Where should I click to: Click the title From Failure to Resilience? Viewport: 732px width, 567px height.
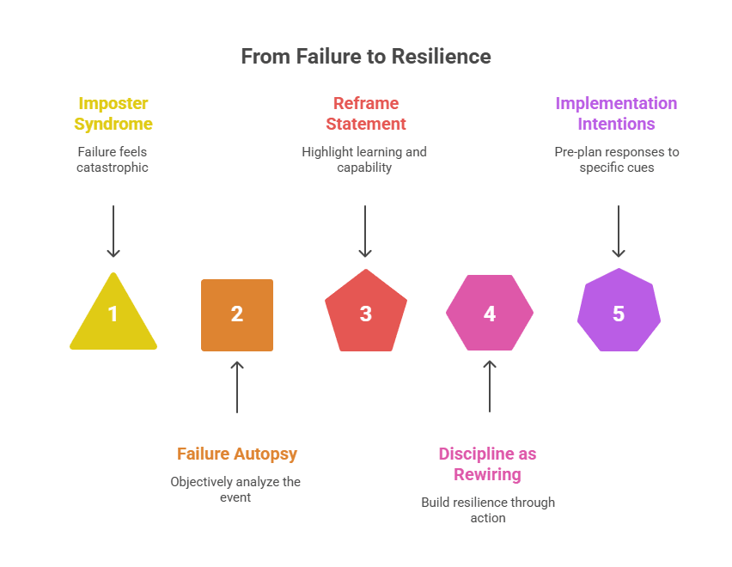click(366, 57)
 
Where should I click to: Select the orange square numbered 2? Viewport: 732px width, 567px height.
click(237, 314)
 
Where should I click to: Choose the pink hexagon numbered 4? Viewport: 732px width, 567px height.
click(490, 314)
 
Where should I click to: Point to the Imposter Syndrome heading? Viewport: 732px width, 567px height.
click(113, 113)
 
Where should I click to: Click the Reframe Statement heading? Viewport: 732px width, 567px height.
click(365, 113)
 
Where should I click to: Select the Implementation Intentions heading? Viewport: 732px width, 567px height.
click(616, 113)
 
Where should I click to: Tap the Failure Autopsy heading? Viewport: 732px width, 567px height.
click(237, 454)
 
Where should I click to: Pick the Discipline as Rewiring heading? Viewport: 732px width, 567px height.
click(487, 464)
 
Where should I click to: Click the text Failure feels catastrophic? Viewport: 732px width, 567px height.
click(113, 159)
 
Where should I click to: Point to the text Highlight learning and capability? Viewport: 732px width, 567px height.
click(364, 159)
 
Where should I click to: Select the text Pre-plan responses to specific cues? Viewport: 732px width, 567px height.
click(616, 159)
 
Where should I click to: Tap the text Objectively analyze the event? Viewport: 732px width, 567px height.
click(235, 489)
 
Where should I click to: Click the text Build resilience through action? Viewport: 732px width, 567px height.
click(488, 509)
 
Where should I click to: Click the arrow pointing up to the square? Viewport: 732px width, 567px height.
click(237, 387)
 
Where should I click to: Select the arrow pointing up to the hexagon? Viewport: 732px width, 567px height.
click(490, 387)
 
